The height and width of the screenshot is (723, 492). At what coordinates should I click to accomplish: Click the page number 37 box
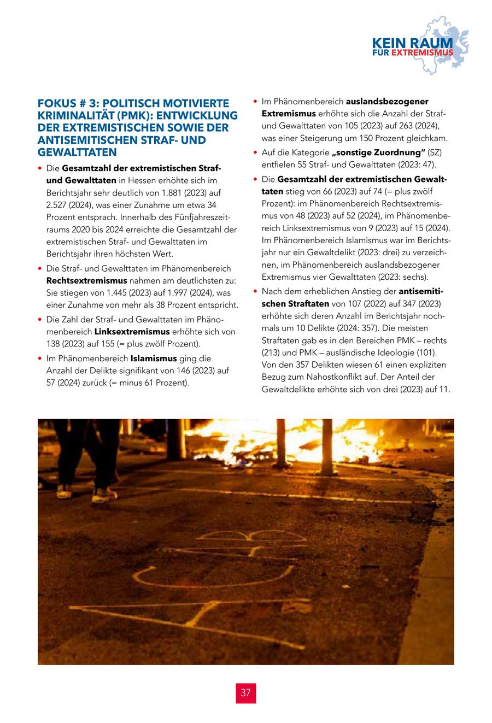click(245, 693)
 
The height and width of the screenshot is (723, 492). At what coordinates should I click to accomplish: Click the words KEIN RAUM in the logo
click(412, 43)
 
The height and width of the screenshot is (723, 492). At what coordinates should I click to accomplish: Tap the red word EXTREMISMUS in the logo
click(423, 53)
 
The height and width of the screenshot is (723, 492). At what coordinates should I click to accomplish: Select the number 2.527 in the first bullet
click(59, 205)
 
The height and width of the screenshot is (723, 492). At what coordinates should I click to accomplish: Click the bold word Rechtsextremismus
click(87, 280)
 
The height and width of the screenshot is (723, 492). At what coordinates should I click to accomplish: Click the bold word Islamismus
click(154, 358)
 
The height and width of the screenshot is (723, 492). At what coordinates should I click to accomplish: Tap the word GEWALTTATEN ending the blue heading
click(77, 152)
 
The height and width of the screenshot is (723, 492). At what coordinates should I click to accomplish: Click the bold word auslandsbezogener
click(387, 102)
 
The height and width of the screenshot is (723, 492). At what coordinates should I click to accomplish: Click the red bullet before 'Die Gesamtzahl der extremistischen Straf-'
click(40, 168)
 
